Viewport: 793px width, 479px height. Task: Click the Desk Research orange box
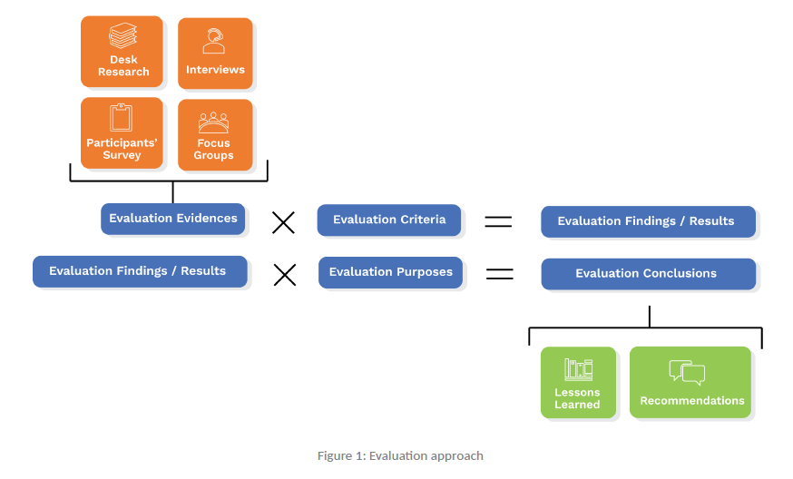pyautogui.click(x=122, y=52)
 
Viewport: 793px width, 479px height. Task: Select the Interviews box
pyautogui.click(x=215, y=54)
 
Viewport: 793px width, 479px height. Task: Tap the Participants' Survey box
pyautogui.click(x=122, y=133)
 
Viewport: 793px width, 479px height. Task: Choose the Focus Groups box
pyautogui.click(x=214, y=134)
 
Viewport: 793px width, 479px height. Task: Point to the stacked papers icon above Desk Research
pyautogui.click(x=122, y=36)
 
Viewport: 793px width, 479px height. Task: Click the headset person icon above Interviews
pyautogui.click(x=215, y=41)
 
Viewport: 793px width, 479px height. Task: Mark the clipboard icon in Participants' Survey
pyautogui.click(x=121, y=118)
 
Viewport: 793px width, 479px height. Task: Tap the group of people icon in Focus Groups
pyautogui.click(x=214, y=122)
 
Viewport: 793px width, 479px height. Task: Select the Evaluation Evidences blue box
pyautogui.click(x=172, y=219)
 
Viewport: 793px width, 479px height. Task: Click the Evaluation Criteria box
pyautogui.click(x=388, y=220)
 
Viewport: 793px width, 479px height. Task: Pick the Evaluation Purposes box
pyautogui.click(x=390, y=272)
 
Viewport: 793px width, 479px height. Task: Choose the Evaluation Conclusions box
pyautogui.click(x=648, y=274)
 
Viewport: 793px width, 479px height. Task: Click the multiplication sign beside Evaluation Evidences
pyautogui.click(x=283, y=221)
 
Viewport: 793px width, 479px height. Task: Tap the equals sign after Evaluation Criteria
pyautogui.click(x=498, y=221)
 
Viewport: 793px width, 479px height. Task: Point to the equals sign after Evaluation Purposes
pyautogui.click(x=500, y=273)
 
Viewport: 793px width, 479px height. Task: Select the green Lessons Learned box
pyautogui.click(x=578, y=382)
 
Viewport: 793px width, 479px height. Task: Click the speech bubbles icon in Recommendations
pyautogui.click(x=687, y=372)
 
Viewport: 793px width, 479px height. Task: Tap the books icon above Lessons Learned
pyautogui.click(x=578, y=368)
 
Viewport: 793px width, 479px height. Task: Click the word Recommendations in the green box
pyautogui.click(x=691, y=401)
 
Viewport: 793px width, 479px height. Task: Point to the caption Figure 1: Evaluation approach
pyautogui.click(x=400, y=455)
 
